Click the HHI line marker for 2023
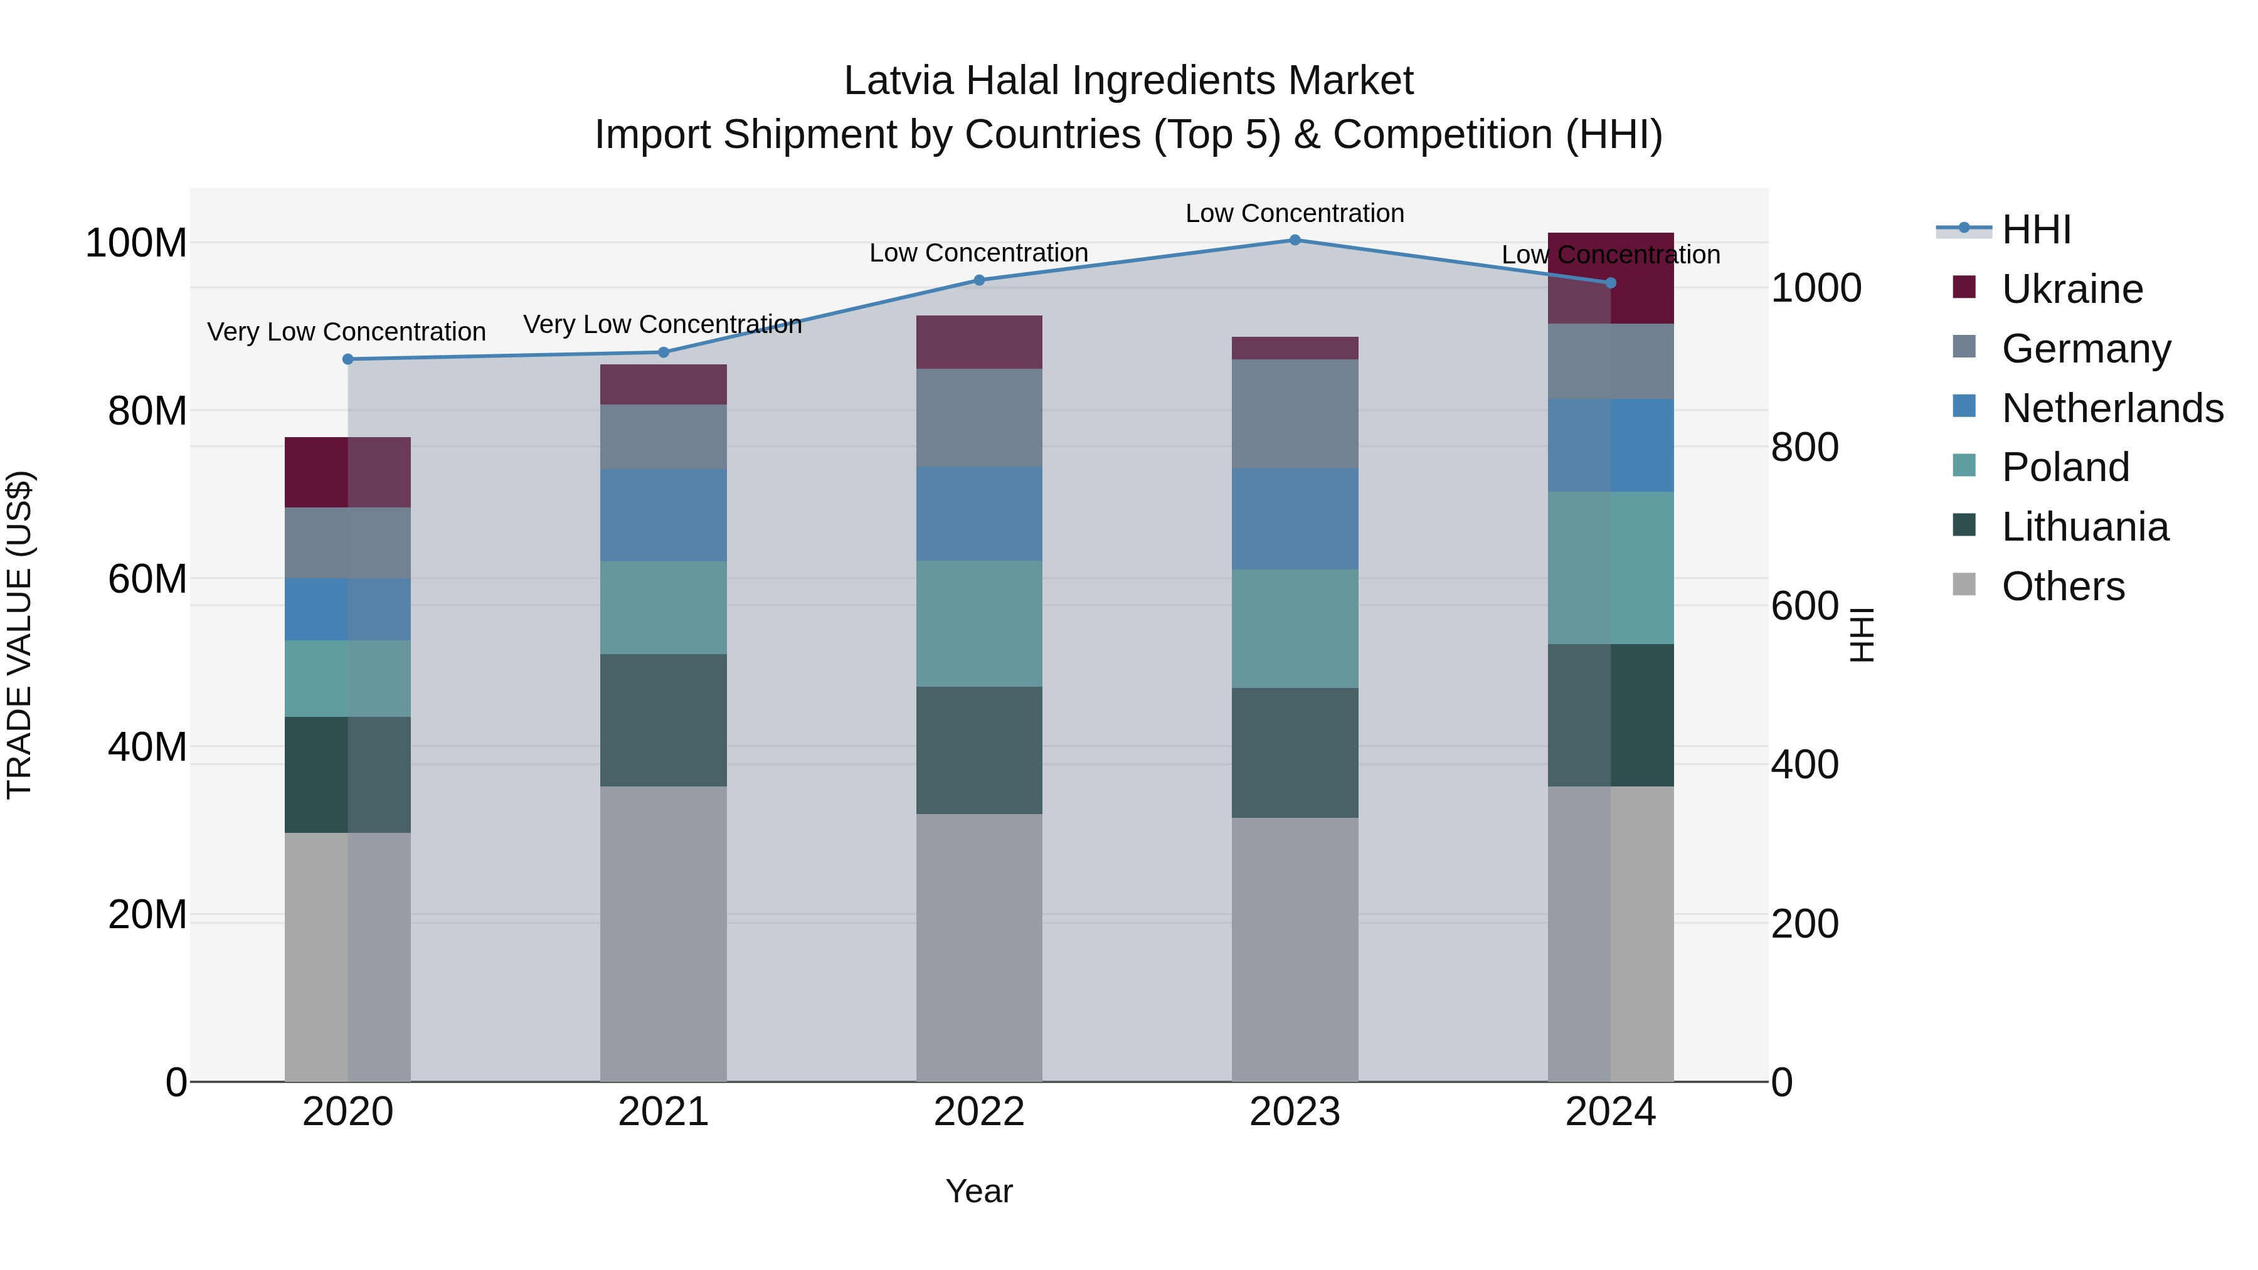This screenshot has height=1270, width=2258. [x=1295, y=240]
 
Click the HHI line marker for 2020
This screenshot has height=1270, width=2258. [x=348, y=359]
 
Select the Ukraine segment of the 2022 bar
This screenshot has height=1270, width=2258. [x=979, y=342]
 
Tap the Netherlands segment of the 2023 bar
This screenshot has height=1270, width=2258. [x=1295, y=519]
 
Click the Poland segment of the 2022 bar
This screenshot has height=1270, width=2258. [x=979, y=623]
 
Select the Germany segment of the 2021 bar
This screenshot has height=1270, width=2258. [x=664, y=437]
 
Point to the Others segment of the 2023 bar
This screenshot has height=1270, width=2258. [x=1295, y=950]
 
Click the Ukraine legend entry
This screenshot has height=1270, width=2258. [x=2071, y=289]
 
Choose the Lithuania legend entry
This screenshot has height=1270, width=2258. [x=2084, y=527]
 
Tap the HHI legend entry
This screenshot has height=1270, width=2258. [x=2035, y=230]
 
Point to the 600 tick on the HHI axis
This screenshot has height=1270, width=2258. [x=1804, y=606]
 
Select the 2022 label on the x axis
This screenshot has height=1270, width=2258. [x=979, y=1112]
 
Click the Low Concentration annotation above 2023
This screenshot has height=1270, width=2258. [x=1295, y=213]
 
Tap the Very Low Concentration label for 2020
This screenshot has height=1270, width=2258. [x=346, y=332]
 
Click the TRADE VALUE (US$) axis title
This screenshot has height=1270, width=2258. [x=19, y=635]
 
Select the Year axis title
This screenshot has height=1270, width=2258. [x=979, y=1191]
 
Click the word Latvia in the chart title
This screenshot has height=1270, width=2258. [x=898, y=81]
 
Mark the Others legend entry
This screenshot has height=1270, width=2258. [x=2062, y=586]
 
